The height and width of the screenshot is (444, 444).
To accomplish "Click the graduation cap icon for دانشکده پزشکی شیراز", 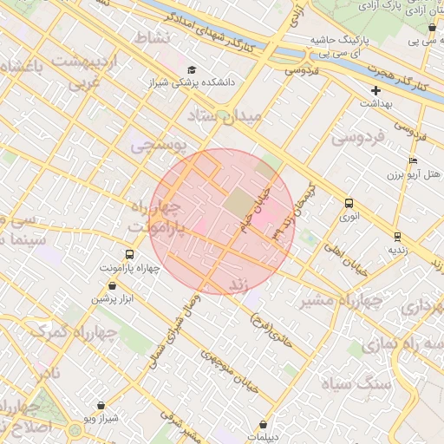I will point(191,70).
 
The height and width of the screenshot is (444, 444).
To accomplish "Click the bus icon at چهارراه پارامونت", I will point(129,255).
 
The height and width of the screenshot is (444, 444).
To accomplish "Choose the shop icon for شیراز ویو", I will point(101,405).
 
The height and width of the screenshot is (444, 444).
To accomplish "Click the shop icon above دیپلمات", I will point(263,425).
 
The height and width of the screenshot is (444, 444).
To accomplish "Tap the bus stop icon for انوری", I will point(349,203).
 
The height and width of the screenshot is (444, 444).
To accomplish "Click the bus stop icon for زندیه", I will point(397,236).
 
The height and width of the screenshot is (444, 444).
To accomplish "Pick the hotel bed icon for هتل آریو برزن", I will point(413,161).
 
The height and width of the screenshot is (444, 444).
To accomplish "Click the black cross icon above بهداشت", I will point(375,90).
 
